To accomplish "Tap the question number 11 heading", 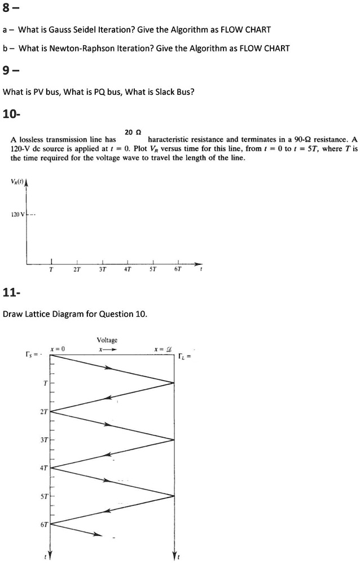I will (x=11, y=293).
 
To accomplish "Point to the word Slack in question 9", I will (x=153, y=92).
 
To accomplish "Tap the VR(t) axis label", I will (x=17, y=181).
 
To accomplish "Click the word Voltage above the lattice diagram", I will (x=107, y=340).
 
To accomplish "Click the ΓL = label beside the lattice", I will (x=185, y=356).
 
